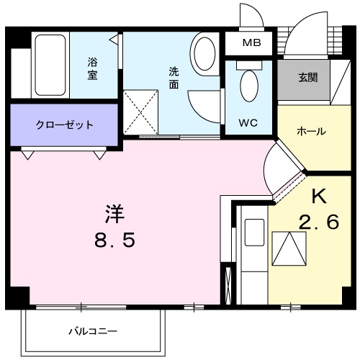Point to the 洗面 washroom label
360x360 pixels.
174,78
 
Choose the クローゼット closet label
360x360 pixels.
64,125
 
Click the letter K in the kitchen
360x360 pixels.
319,196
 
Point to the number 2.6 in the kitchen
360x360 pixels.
318,222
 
